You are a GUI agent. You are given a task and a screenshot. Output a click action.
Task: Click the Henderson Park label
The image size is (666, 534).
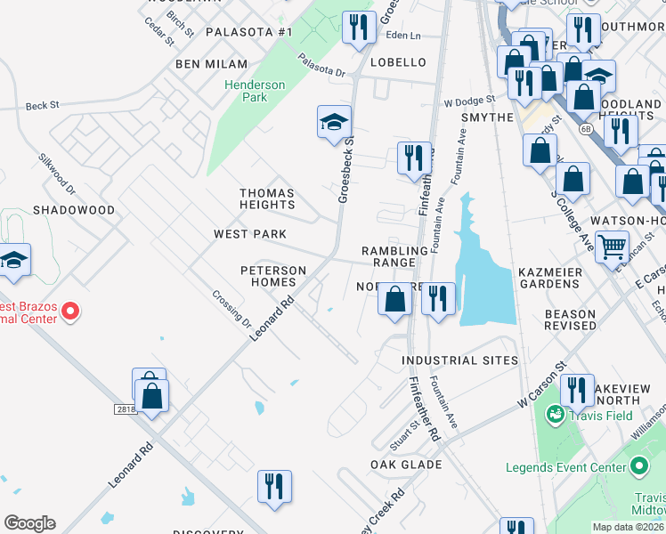coord(255,91)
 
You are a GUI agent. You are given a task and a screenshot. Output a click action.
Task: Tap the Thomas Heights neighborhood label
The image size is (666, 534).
coord(267,198)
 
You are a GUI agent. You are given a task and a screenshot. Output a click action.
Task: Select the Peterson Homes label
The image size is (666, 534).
coord(273,276)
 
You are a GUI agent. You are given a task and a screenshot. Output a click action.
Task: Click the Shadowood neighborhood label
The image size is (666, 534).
coord(74,210)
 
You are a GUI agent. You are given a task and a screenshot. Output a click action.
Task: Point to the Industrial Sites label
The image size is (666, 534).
coord(459,360)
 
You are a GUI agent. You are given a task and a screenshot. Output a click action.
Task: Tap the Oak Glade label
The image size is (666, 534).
coord(407,465)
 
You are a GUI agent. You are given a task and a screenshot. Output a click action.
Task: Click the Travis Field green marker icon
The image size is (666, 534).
coord(556,414)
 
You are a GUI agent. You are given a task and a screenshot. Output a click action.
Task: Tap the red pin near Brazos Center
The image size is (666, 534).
coord(69,311)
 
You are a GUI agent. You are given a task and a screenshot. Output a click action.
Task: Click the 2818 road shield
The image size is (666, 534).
coord(126,409)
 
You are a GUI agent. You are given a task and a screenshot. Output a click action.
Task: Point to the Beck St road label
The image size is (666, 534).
coord(42,105)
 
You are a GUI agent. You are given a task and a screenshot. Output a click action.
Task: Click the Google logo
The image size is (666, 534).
coord(29,523)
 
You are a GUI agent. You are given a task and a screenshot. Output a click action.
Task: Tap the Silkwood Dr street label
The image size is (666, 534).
coord(57,174)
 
